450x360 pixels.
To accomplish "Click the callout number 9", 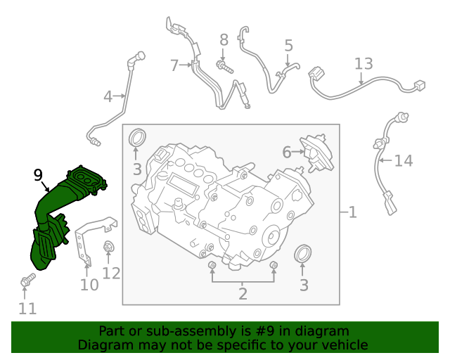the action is point(38,175).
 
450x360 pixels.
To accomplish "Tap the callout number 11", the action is point(27,309).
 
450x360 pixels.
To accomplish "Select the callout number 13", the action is point(364,64).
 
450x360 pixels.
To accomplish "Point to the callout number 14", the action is point(404,161).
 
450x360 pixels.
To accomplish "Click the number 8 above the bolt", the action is point(224,40).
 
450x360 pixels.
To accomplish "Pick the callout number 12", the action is point(111,274).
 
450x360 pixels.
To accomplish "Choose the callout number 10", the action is point(89,285).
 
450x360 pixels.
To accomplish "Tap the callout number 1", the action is point(353,212).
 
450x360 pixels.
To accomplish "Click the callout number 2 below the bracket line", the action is point(243,294).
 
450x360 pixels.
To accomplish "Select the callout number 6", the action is point(287,152).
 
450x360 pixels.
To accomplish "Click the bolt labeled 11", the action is point(28,280).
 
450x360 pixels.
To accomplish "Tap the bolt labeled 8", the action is point(224,67).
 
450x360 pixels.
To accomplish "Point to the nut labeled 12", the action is point(108,247).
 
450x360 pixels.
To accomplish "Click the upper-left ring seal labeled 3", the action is point(137,138).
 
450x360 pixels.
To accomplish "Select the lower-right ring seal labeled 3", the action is point(303,254).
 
